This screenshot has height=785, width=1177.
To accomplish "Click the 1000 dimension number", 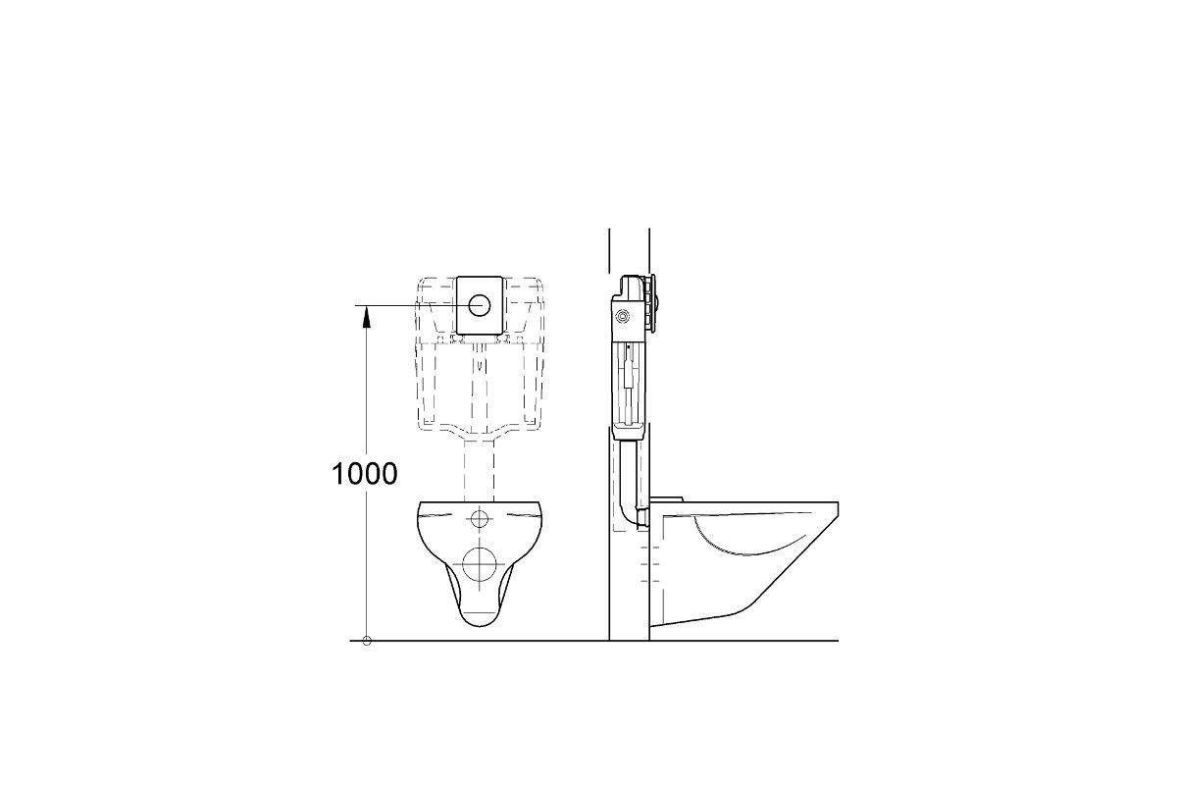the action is [x=364, y=474].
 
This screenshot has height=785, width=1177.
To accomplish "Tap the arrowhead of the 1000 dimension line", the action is [x=367, y=317].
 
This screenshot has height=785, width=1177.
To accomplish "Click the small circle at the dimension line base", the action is [x=367, y=641].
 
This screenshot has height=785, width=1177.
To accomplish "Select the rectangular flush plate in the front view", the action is [x=479, y=305].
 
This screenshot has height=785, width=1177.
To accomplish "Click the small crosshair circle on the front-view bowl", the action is [x=480, y=518].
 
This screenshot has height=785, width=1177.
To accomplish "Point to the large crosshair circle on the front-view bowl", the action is [x=479, y=564].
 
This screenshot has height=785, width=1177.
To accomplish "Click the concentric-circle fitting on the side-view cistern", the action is [x=623, y=316].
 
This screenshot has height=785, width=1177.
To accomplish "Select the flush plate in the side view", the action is [x=653, y=304].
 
